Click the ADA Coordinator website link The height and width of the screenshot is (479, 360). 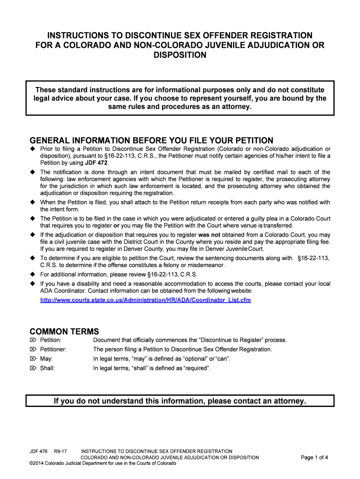pyautogui.click(x=145, y=299)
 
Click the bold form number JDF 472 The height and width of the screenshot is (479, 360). pyautogui.click(x=96, y=163)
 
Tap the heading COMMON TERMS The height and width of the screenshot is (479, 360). pyautogui.click(x=65, y=332)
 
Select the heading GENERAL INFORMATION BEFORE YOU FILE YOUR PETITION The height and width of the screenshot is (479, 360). pyautogui.click(x=151, y=141)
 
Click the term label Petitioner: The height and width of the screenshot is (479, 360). pyautogui.click(x=53, y=349)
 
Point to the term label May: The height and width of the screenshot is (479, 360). pyautogui.click(x=46, y=359)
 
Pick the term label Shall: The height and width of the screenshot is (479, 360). pyautogui.click(x=48, y=368)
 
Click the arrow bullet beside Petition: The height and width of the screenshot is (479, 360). pyautogui.click(x=33, y=340)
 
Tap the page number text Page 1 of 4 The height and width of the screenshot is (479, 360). pyautogui.click(x=315, y=457)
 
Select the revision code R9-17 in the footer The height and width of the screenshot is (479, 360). pyautogui.click(x=61, y=451)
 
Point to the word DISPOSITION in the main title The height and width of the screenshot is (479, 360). pyautogui.click(x=180, y=55)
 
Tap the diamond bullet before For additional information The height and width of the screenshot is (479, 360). pyautogui.click(x=33, y=275)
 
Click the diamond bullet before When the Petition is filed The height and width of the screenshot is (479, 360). pyautogui.click(x=33, y=203)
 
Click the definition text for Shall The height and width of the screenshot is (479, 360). pyautogui.click(x=152, y=368)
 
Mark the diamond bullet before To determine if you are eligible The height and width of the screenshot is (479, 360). pyautogui.click(x=33, y=258)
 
